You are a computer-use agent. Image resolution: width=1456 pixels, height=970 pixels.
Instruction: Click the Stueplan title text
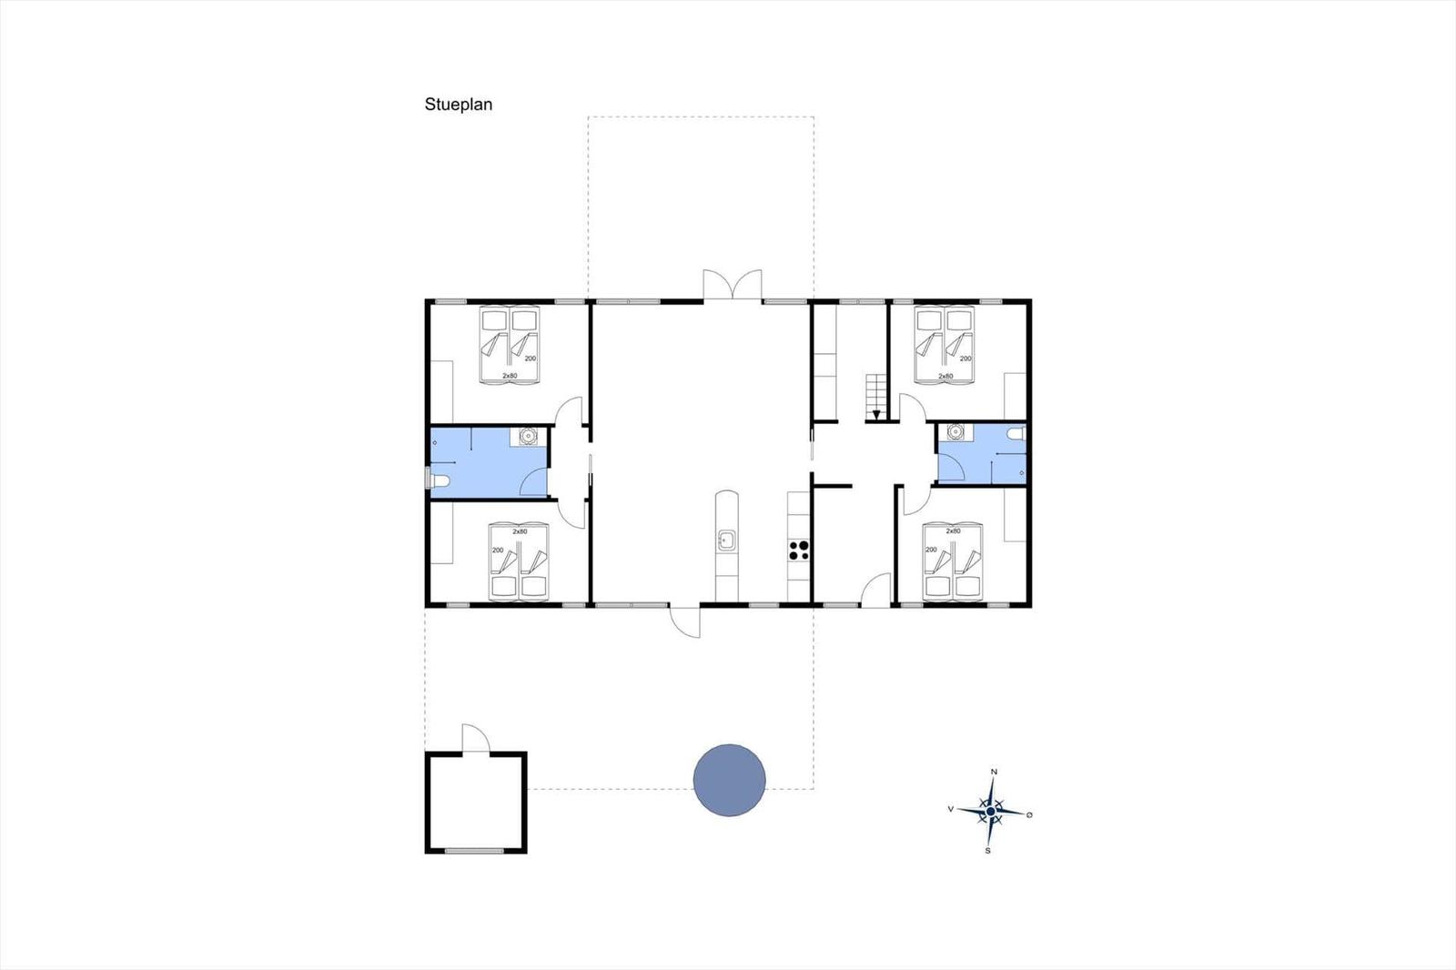[459, 105]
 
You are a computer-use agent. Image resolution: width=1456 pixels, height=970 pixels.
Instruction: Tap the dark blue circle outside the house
[729, 780]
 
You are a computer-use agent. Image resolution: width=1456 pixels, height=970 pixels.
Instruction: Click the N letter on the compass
[994, 772]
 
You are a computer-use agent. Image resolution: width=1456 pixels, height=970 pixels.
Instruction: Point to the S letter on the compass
[988, 851]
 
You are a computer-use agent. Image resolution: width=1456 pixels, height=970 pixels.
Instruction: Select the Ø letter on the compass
[1029, 814]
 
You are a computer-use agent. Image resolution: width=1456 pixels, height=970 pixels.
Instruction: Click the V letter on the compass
[951, 810]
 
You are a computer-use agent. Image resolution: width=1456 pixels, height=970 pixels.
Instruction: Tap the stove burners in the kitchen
[799, 550]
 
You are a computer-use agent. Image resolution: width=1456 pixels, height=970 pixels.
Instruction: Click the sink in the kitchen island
[727, 541]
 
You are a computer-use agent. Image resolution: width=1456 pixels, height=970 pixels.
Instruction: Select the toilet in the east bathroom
[1016, 434]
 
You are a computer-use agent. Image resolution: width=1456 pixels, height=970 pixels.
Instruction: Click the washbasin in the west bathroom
[528, 436]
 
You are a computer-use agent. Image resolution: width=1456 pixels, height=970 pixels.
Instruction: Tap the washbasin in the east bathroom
[955, 431]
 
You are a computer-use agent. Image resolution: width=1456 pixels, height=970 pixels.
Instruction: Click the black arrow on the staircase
[876, 415]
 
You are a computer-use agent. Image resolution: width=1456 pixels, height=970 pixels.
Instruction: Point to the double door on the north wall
[733, 285]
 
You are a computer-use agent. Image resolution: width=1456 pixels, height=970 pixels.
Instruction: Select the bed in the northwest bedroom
[510, 345]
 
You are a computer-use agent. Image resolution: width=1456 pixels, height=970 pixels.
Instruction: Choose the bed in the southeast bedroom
[953, 561]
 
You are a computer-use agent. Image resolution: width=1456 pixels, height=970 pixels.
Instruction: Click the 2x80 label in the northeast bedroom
[945, 377]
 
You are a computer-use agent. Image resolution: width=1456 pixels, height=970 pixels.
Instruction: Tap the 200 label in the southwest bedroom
[498, 550]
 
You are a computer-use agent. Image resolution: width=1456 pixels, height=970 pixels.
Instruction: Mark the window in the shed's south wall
[474, 851]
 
